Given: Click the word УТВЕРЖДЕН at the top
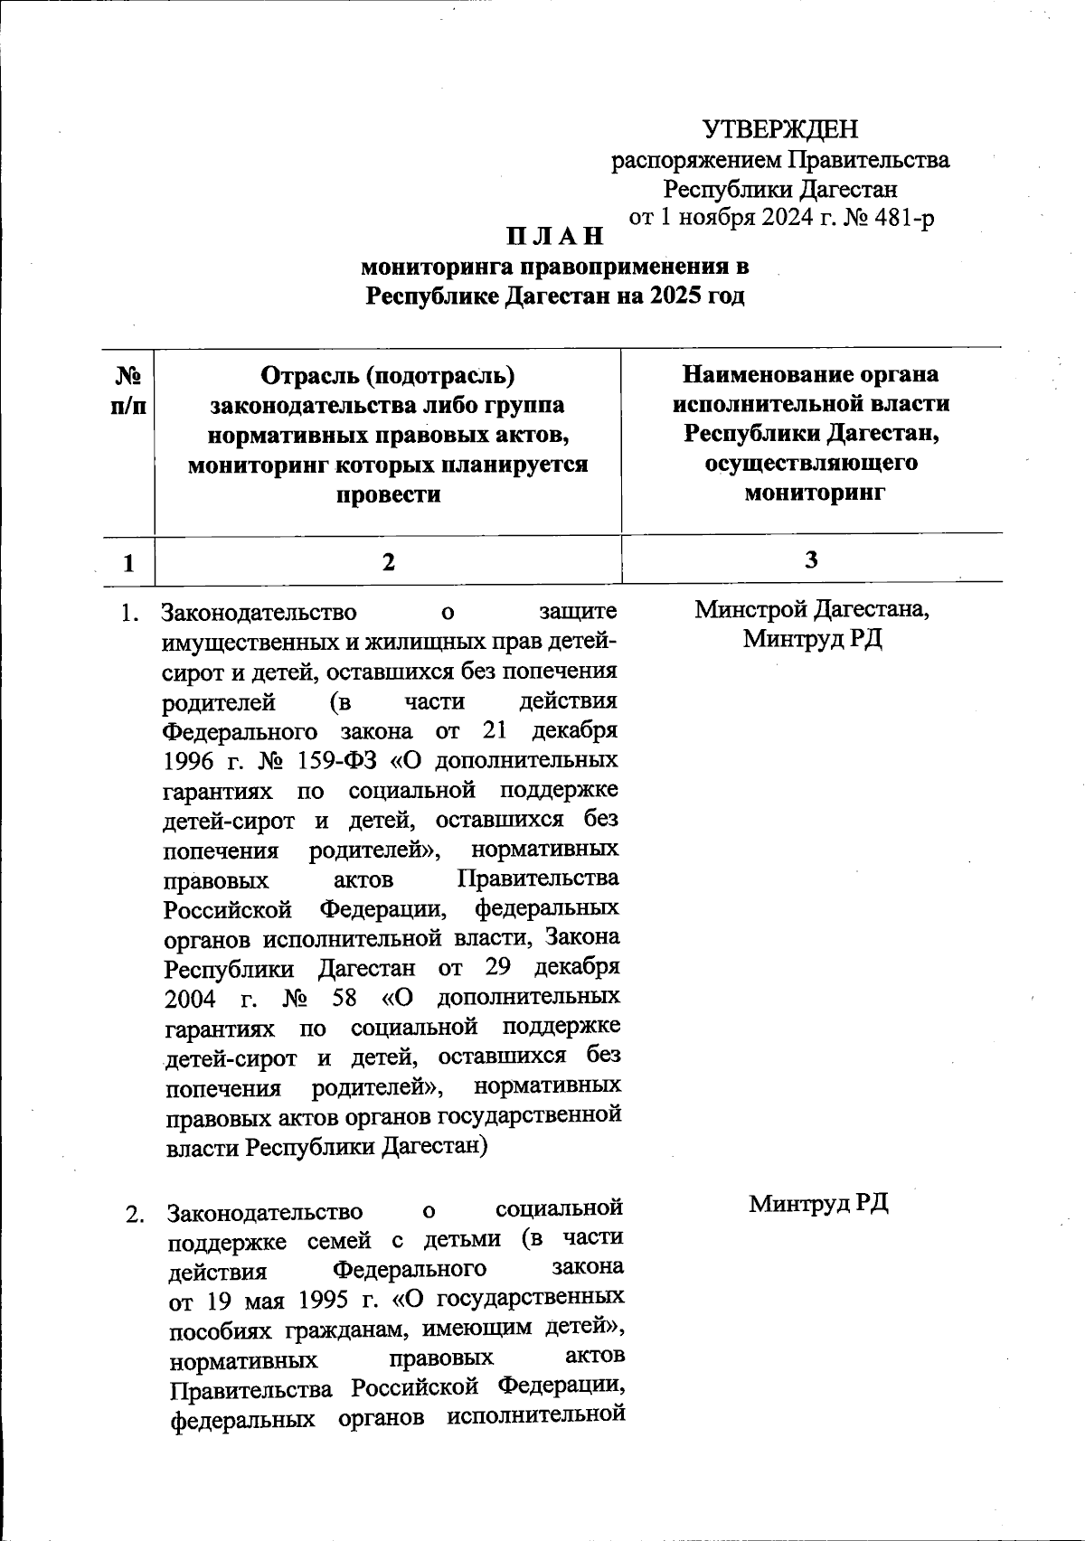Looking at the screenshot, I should [x=780, y=129].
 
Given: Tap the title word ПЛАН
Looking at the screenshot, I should [x=554, y=237].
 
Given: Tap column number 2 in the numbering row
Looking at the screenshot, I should [x=388, y=561].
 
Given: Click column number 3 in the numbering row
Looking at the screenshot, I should [x=811, y=559].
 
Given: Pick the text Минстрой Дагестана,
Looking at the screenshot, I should [x=812, y=609].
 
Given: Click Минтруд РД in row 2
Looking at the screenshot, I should [x=818, y=1203].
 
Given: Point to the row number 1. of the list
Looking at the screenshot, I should [x=129, y=613].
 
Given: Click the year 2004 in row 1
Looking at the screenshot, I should [x=191, y=999].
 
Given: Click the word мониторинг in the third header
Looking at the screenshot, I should [x=812, y=493].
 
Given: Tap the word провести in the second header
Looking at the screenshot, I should [x=388, y=494].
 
